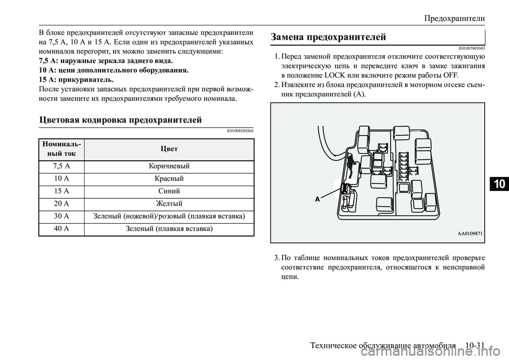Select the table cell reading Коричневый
coord(169,166)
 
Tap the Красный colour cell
coord(169,178)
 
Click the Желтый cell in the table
coord(169,204)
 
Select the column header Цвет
coord(169,148)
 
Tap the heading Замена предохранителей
coord(328,37)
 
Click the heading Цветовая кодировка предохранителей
coord(121,120)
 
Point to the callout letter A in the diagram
coord(318,199)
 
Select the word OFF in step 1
coord(444,75)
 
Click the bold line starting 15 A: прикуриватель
coord(76,79)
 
